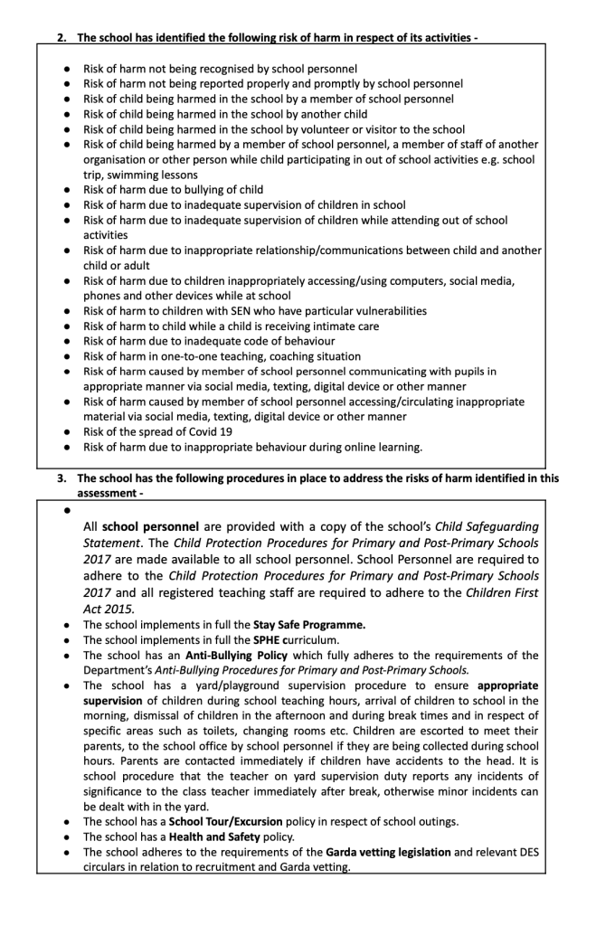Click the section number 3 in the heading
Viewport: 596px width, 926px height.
61,478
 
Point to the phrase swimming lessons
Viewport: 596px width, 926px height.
153,175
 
